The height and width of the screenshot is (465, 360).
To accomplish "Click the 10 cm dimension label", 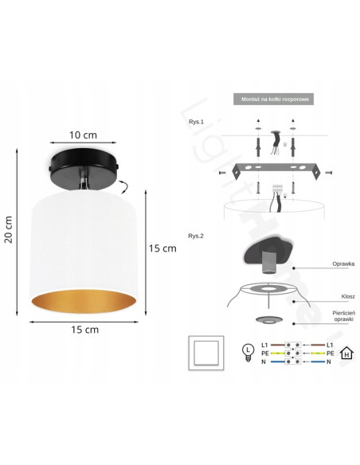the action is point(83,135).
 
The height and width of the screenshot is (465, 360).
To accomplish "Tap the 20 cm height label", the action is point(8,229).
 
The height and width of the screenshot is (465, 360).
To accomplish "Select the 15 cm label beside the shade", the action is point(162,248).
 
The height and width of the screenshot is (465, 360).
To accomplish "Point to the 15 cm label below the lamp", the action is point(84,330).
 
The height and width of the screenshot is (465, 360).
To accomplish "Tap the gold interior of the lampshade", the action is point(84,301).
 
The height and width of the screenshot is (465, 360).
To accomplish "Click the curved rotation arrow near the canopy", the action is point(123,187).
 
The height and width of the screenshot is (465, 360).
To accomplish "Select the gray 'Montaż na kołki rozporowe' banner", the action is point(273,99).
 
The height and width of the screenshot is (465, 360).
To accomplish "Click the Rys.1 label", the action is point(196,122).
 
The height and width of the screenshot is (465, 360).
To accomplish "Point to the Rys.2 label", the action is point(196,236).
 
